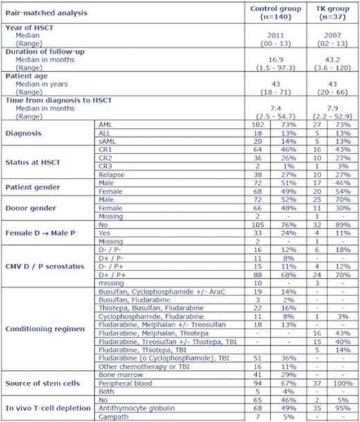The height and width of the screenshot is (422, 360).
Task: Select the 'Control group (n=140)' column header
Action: click(x=272, y=12)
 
